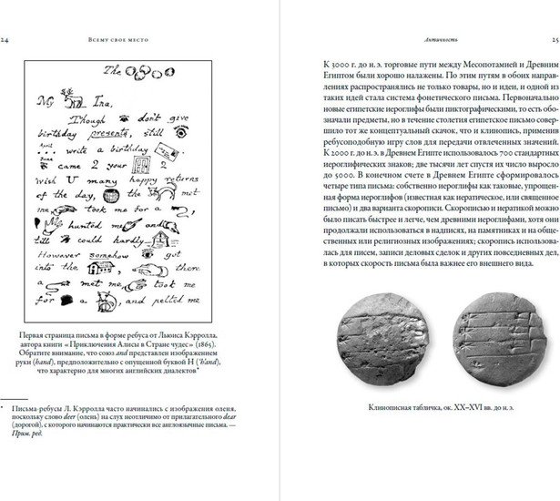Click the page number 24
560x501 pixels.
coord(6,40)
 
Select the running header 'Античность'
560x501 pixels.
coord(433,40)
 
